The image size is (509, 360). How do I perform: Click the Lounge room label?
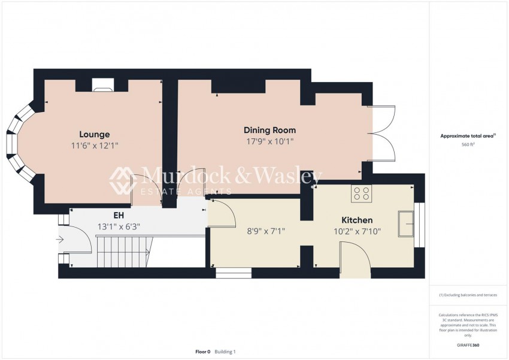[94, 134]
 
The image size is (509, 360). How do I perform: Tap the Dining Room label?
[269, 130]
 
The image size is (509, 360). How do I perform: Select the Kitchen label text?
[357, 220]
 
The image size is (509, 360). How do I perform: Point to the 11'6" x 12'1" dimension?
[94, 146]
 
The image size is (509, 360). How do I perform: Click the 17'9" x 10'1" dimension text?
[269, 142]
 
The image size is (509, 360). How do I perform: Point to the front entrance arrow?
[60, 240]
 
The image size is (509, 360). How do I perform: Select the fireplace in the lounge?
[102, 88]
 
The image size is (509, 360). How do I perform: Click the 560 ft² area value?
[468, 145]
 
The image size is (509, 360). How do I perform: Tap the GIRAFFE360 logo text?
[468, 345]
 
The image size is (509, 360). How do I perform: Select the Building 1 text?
[225, 352]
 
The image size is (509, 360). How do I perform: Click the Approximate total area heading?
[467, 136]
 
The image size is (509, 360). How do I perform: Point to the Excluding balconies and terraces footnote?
[468, 295]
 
